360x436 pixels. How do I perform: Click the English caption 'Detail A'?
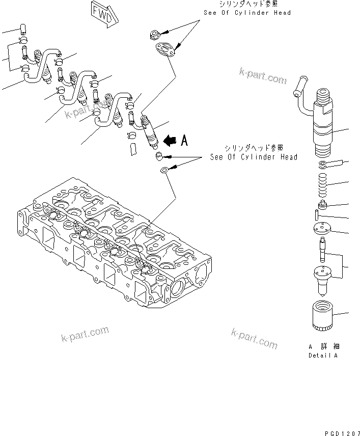coord(322,355)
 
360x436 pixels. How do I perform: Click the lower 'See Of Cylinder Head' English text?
coord(254,157)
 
